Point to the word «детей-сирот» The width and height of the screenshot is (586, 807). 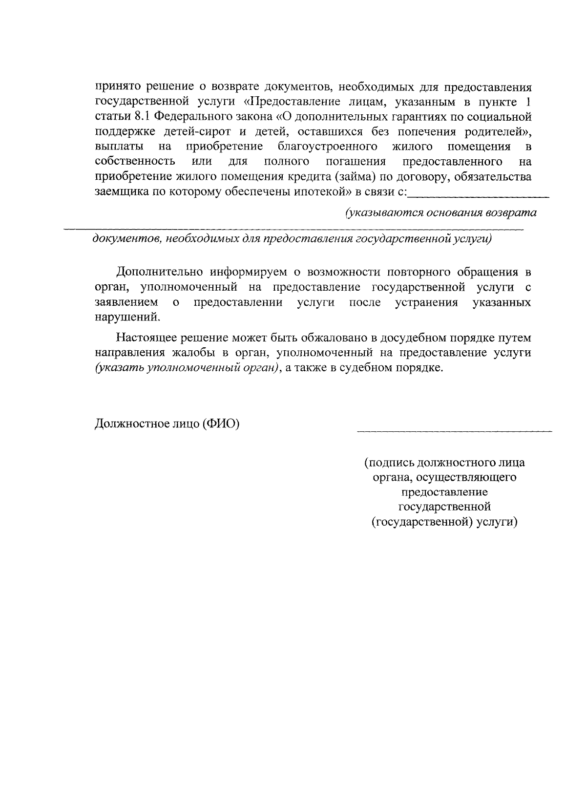click(194, 132)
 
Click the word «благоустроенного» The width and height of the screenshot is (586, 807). click(327, 147)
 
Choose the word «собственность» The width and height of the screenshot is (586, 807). click(135, 162)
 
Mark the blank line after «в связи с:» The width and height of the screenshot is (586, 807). click(478, 195)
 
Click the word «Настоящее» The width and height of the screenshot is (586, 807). click(147, 338)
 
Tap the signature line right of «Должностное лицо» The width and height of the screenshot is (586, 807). click(454, 430)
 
